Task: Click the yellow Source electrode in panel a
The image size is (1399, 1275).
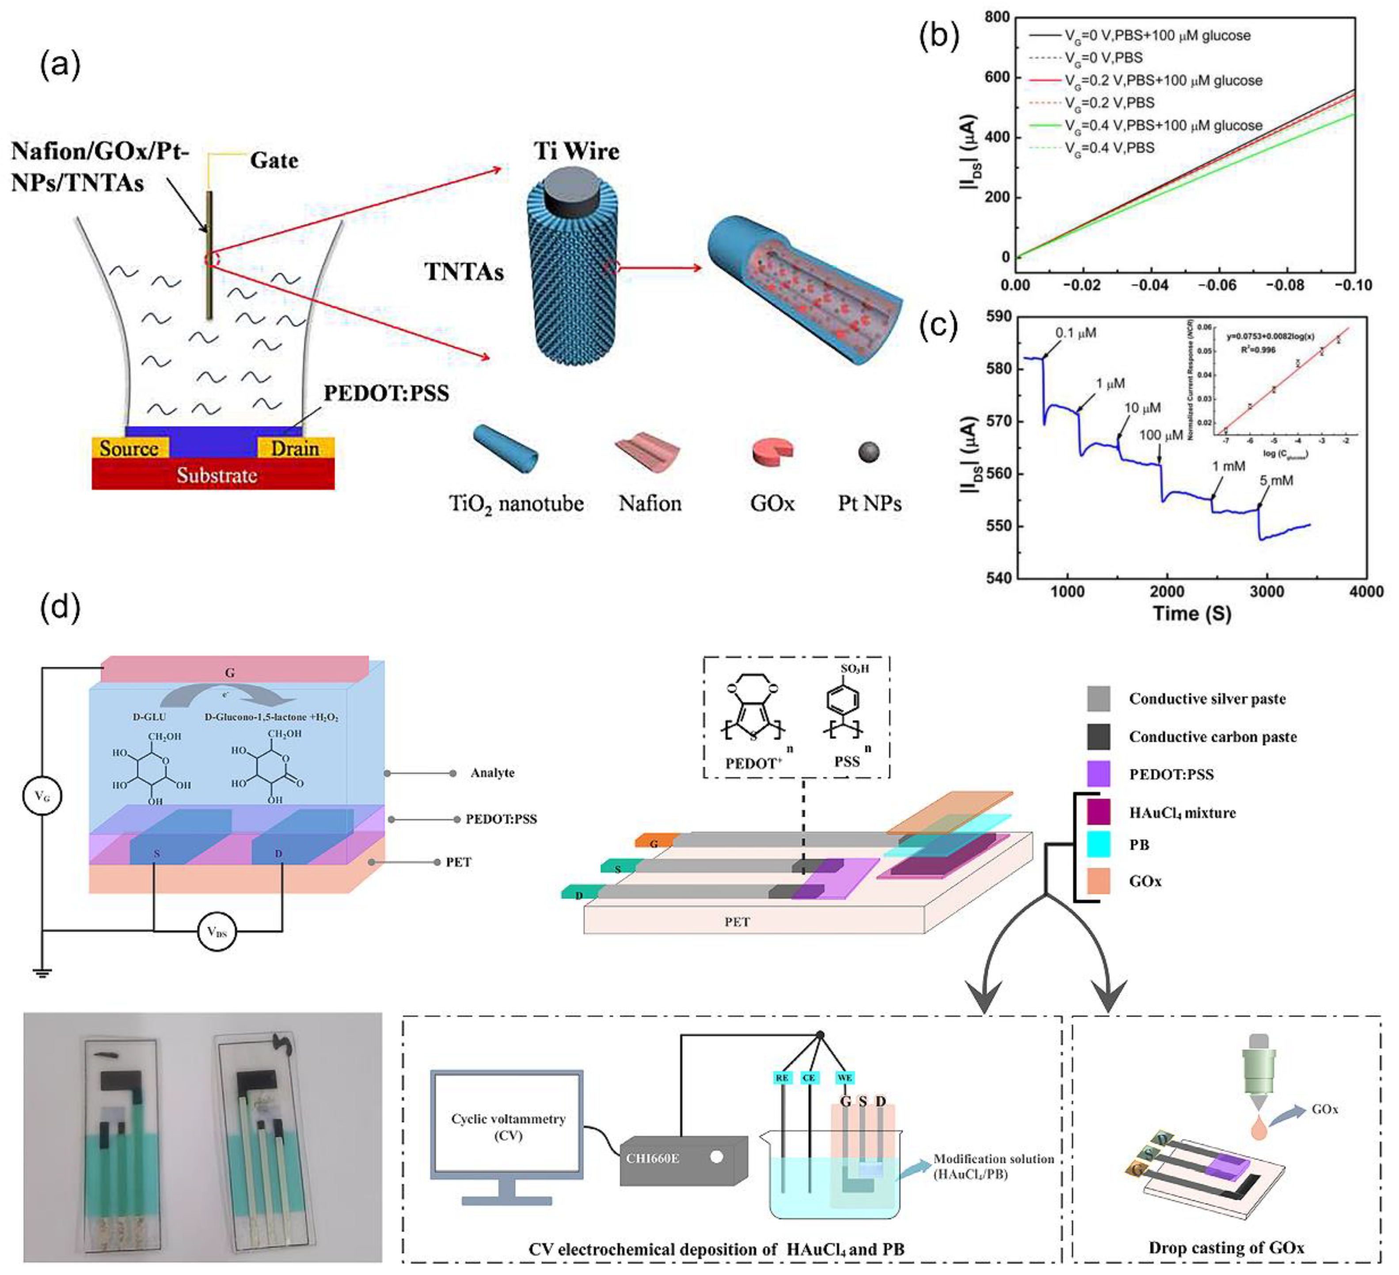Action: click(130, 448)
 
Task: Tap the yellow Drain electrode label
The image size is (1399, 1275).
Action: click(295, 448)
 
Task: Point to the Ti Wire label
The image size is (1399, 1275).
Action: click(576, 151)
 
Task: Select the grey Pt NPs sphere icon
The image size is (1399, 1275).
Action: click(869, 452)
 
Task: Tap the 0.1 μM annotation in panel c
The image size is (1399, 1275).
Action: click(1076, 333)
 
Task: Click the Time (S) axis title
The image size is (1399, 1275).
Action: click(1191, 613)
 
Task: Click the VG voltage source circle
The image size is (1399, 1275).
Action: click(42, 797)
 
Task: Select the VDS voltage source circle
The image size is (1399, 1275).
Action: click(217, 932)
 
